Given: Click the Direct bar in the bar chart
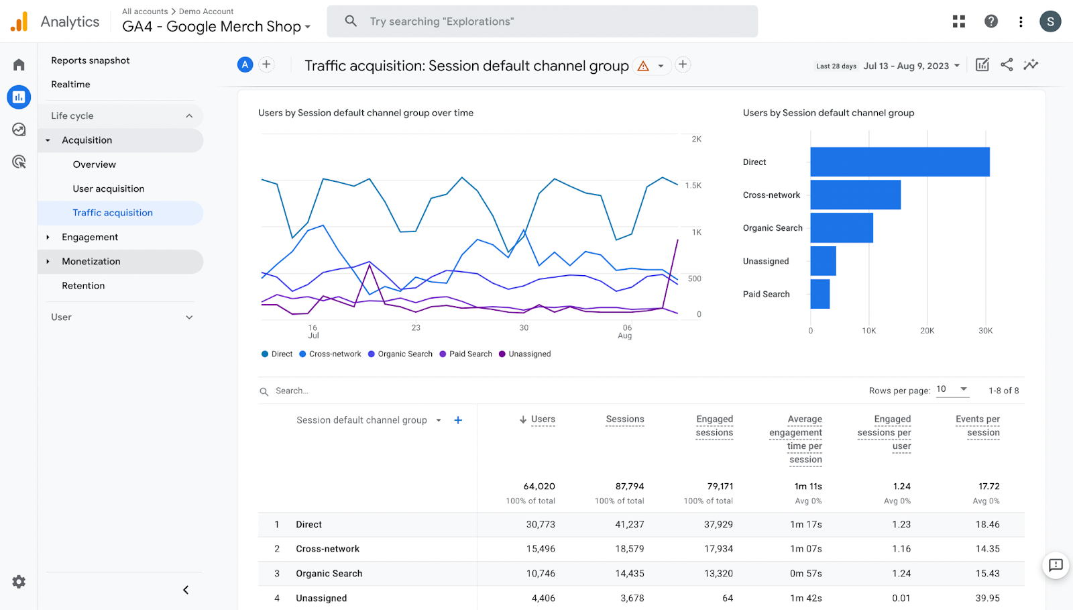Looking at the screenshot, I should click(899, 162).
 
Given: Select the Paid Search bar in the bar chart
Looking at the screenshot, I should click(820, 294).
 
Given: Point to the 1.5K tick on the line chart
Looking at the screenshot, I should click(693, 185).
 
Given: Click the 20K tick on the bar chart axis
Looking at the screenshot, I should click(927, 331).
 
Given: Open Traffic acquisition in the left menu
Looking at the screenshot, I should click(113, 213).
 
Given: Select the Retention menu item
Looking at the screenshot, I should click(83, 286).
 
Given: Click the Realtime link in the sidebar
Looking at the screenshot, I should click(70, 85).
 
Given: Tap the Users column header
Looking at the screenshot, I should click(543, 419).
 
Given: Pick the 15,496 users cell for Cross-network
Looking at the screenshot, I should click(540, 549).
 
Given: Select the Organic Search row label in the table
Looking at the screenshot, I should click(329, 574).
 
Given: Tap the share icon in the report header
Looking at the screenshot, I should click(1007, 64).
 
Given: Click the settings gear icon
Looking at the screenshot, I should click(19, 582).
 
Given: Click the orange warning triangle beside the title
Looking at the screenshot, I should click(643, 66).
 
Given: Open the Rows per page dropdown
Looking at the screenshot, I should click(952, 389).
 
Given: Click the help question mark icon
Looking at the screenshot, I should click(991, 21).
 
